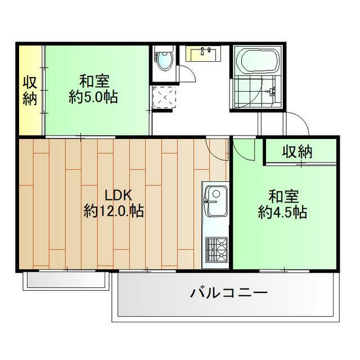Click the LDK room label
click(118, 196)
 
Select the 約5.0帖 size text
click(93, 97)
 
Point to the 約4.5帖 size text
click(282, 213)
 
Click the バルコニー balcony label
click(228, 293)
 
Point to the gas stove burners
click(215, 249)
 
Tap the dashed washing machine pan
click(164, 97)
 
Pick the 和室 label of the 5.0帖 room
click(93, 80)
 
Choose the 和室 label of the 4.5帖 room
click(282, 197)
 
